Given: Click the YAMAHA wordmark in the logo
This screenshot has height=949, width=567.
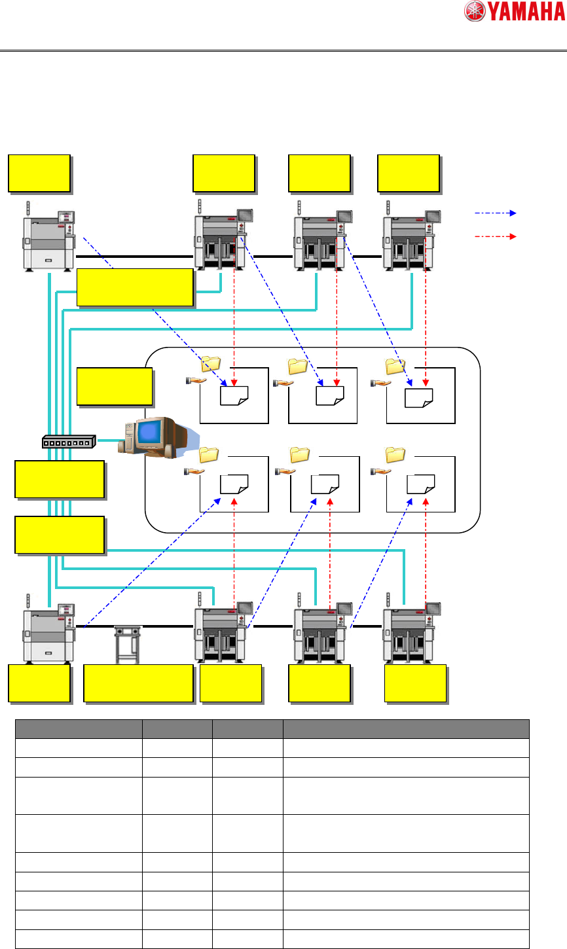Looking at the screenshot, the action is coord(527,11).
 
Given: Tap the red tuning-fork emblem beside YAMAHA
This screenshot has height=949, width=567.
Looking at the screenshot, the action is coord(475,11).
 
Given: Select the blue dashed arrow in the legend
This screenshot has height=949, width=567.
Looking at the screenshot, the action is coord(496,213).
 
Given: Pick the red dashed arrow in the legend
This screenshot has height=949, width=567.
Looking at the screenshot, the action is coord(496,236).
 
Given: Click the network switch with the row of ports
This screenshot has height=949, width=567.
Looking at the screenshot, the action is coord(69,442).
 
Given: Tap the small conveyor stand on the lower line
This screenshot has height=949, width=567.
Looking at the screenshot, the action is coord(128,645).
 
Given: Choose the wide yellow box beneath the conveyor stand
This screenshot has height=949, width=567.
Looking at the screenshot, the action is coord(139,683).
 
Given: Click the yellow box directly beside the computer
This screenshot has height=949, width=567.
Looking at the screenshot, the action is coord(115,387).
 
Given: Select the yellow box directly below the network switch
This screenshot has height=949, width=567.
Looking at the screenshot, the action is coord(60,479).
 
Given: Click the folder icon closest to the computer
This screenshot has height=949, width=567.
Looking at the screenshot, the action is coord(208,455).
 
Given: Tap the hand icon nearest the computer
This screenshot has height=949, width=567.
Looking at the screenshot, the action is coord(194,471).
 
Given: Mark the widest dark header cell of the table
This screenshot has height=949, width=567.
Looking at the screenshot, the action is coord(406,728).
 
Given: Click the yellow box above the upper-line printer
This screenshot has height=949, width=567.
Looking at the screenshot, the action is coord(39,173).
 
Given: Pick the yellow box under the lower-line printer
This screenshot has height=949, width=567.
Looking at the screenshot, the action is coord(39,683).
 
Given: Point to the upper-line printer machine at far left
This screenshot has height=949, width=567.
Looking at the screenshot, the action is coord(49,240).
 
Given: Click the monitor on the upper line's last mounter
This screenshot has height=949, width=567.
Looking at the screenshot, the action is coord(433,217).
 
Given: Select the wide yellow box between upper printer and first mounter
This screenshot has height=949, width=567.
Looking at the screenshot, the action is coord(135,287).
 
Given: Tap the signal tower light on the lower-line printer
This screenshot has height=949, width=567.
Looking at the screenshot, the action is coord(28,601).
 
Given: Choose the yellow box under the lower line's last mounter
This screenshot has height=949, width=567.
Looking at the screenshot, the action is coord(415,683).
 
